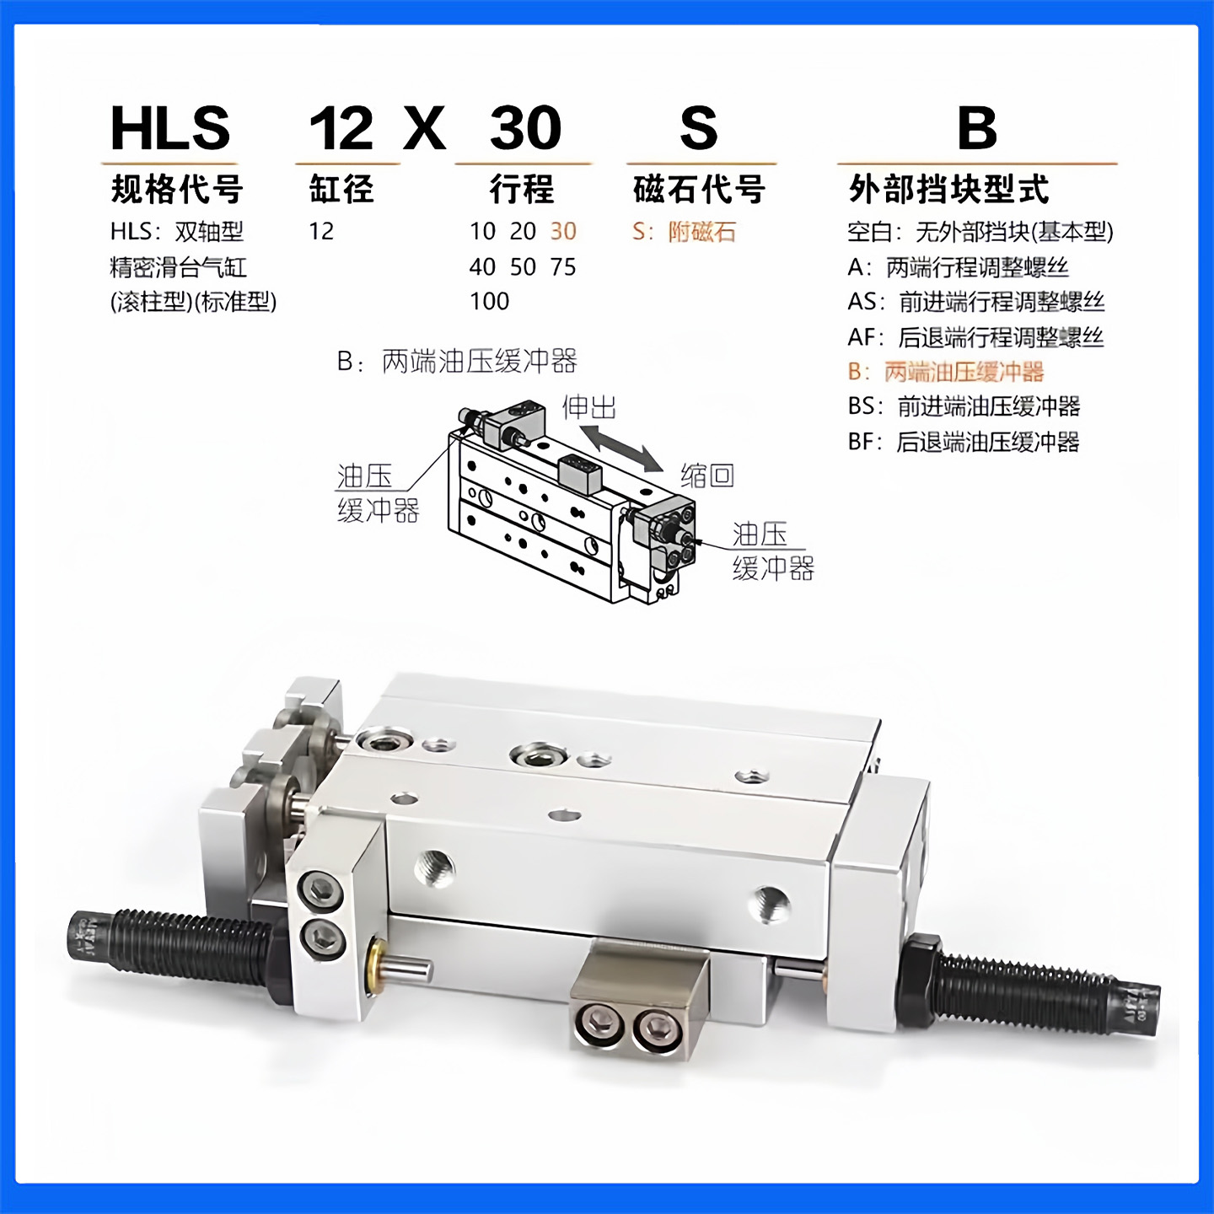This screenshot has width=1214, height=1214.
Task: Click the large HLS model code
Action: coord(170,128)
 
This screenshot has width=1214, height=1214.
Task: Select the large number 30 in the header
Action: coord(525,128)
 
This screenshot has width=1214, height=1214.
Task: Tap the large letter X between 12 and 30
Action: coord(424,128)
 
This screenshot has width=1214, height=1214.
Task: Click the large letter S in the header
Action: coord(699,128)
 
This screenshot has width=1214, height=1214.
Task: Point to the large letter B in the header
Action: coord(977,128)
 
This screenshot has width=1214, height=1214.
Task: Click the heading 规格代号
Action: coord(177,189)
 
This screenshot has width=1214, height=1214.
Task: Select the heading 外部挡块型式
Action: coord(948,189)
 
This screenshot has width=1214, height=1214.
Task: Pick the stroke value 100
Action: coord(489,301)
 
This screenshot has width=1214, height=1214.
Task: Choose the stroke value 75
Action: coord(563,266)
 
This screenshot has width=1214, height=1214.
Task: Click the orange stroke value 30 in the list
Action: coord(563,231)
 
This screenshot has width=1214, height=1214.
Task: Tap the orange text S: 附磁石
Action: coord(684,231)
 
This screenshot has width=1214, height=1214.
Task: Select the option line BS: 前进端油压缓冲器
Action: coord(964,406)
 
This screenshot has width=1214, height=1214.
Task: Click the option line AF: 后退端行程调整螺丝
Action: coord(975,337)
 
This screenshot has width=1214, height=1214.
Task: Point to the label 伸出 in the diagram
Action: coord(589,407)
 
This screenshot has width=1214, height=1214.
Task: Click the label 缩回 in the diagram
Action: coord(707,475)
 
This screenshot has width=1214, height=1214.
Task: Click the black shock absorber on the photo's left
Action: coord(169,947)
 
